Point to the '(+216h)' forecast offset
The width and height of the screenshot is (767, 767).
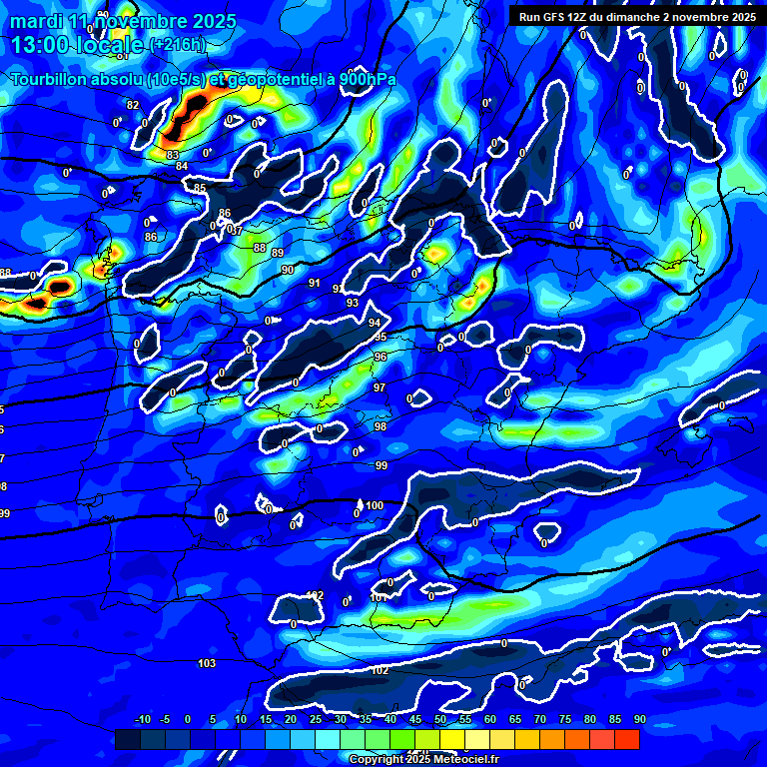[x=177, y=45]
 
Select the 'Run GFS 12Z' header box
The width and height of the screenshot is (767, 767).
[x=636, y=16]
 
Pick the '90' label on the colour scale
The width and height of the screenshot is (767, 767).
[x=639, y=720]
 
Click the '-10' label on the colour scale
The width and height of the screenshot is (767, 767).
[x=142, y=720]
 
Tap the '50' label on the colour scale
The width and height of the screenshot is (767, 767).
[x=440, y=720]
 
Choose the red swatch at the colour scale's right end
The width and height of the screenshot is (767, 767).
[x=626, y=739]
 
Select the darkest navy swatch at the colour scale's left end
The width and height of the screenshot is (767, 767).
[x=128, y=739]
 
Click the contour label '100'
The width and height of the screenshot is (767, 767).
[x=375, y=505]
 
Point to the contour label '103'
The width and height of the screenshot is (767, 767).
[x=207, y=663]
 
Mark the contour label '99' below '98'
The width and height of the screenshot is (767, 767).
[x=382, y=465]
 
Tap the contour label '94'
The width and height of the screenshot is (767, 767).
[x=375, y=323]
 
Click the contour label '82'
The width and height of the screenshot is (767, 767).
[x=133, y=105]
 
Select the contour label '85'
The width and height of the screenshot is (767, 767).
[x=200, y=188]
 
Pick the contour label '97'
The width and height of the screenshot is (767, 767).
[x=380, y=387]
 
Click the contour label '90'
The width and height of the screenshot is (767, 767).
[x=287, y=270]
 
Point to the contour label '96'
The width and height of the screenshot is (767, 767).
[x=380, y=357]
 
